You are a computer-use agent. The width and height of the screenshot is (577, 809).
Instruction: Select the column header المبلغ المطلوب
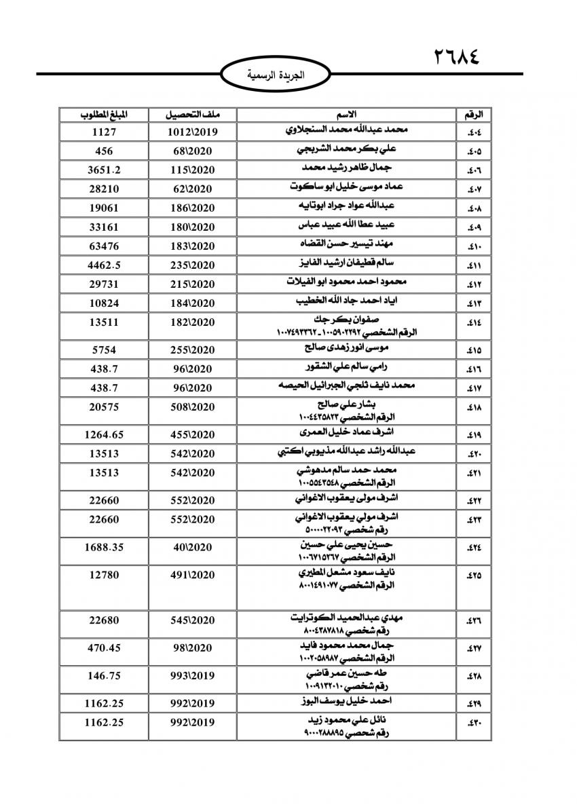104,113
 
